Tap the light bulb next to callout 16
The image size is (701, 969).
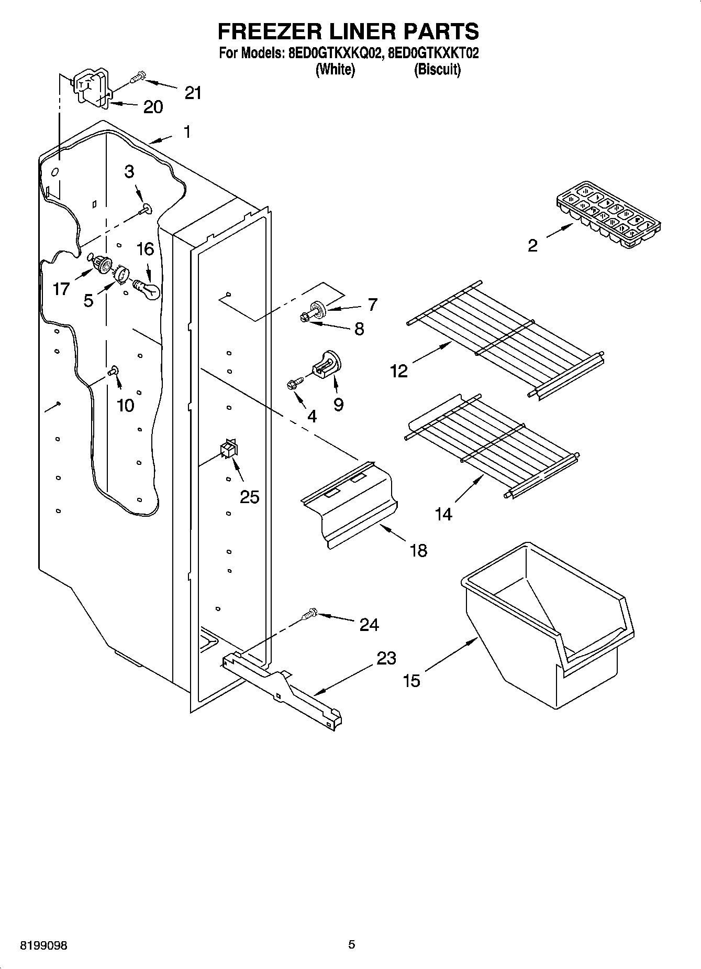point(147,289)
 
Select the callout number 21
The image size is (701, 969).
point(193,93)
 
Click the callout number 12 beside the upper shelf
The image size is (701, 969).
point(399,372)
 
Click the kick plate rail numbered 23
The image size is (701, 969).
point(283,689)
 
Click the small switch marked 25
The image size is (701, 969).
point(228,449)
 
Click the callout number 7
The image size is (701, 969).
point(372,304)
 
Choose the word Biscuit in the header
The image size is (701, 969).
point(437,70)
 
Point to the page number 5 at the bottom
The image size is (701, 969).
point(352,944)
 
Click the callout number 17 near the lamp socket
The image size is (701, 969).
point(61,289)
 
